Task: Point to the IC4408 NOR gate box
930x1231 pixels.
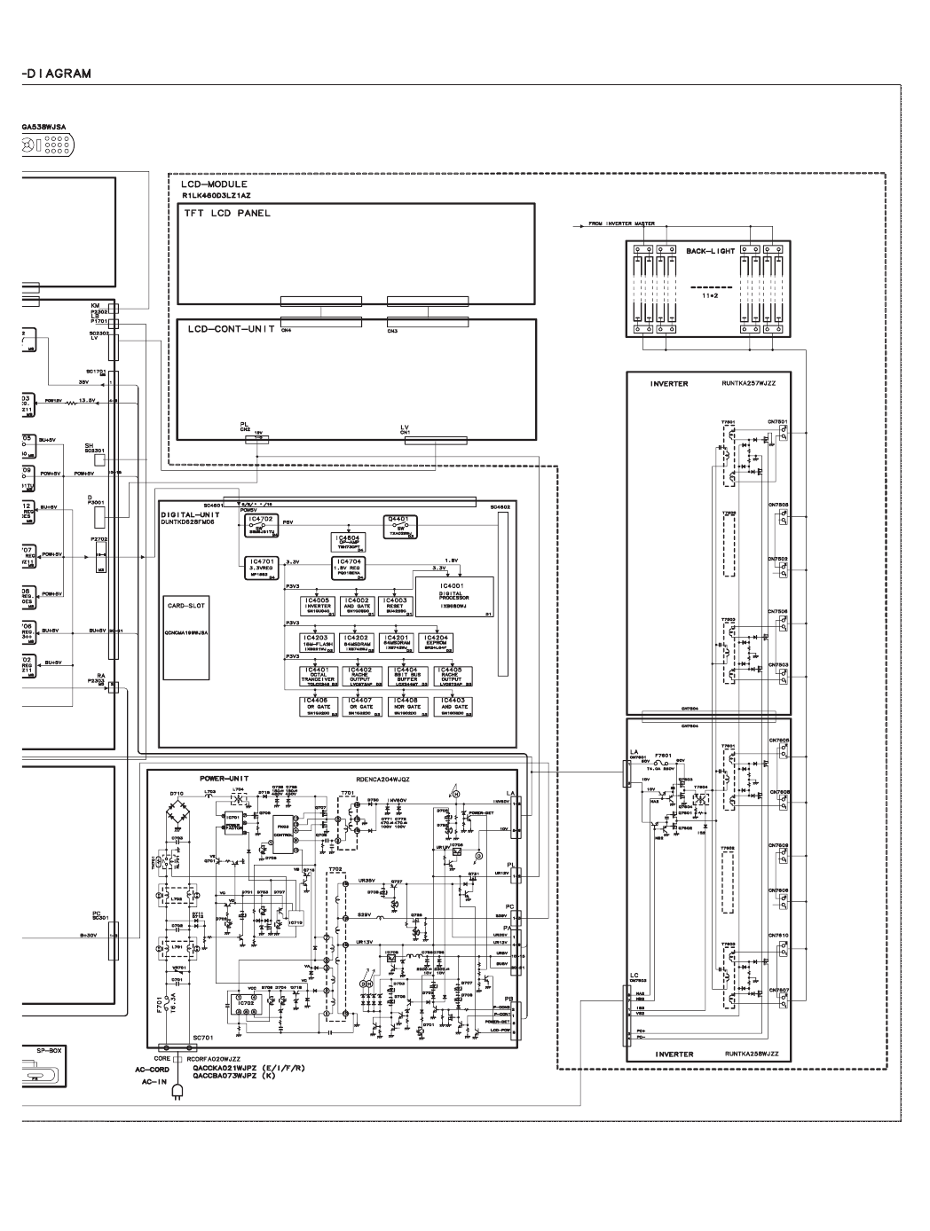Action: [x=407, y=707]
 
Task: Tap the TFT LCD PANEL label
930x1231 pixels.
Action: [x=227, y=214]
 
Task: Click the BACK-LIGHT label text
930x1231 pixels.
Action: [x=710, y=252]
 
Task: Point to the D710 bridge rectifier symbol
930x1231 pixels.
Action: [x=177, y=812]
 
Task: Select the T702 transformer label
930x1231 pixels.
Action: [x=335, y=868]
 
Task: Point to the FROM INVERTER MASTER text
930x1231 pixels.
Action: [x=621, y=223]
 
